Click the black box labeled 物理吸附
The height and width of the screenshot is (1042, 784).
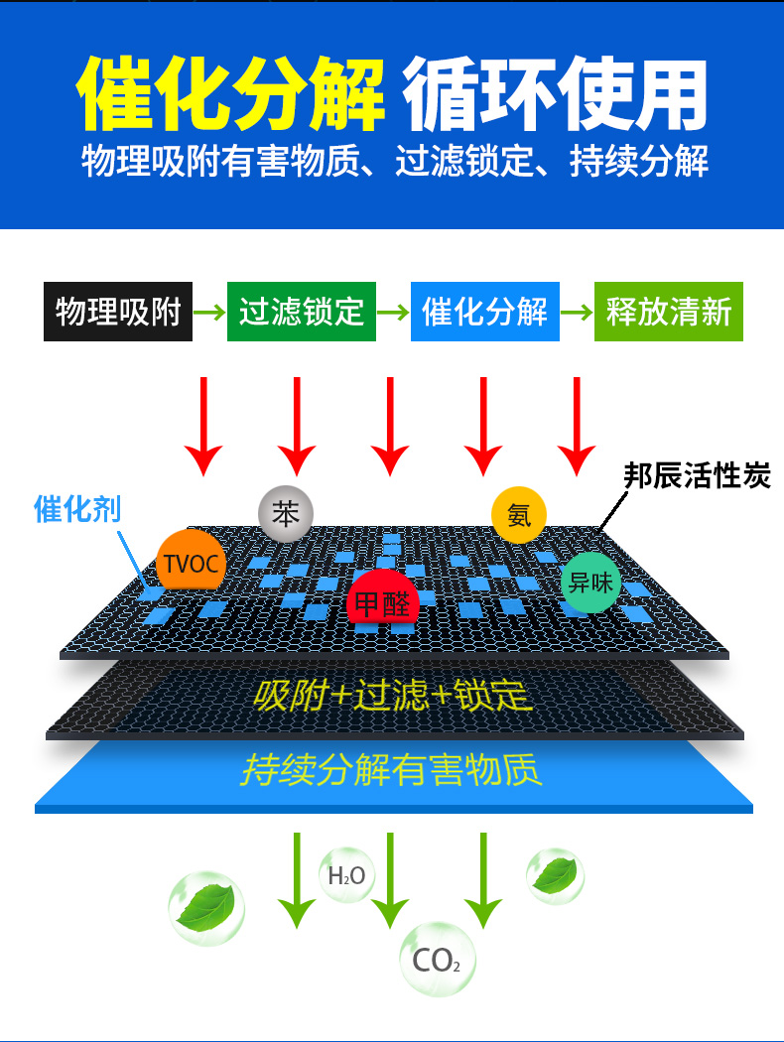click(x=118, y=312)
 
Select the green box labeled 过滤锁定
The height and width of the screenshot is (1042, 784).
click(x=302, y=312)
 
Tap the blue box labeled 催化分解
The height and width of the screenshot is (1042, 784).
click(x=485, y=312)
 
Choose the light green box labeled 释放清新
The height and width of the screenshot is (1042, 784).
click(x=668, y=312)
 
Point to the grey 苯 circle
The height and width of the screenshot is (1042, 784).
click(x=286, y=513)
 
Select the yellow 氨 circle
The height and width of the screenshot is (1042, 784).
click(x=519, y=515)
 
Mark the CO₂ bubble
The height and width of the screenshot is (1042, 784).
click(x=437, y=960)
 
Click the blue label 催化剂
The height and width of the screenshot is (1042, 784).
click(x=77, y=510)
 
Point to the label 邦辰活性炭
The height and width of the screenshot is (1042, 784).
click(x=697, y=476)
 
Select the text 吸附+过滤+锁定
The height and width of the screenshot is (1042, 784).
click(x=393, y=696)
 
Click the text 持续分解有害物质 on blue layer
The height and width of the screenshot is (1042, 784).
click(x=392, y=769)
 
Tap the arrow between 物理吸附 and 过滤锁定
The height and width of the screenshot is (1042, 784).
click(x=209, y=312)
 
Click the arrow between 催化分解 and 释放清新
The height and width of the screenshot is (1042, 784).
click(x=577, y=312)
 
